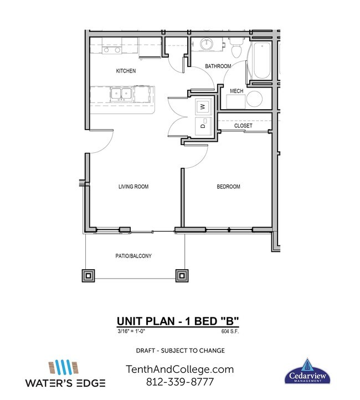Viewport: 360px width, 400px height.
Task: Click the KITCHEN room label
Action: [x=126, y=71]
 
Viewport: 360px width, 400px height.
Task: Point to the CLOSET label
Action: [x=243, y=126]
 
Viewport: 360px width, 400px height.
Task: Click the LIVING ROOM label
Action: [x=133, y=187]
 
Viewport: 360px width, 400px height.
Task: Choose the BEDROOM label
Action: [x=228, y=187]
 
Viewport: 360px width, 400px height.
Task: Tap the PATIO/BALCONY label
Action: [x=133, y=257]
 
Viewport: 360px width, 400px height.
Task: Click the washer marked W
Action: [x=202, y=106]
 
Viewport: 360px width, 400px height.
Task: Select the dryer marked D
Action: [x=202, y=126]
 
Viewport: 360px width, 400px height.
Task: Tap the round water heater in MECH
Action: [x=255, y=100]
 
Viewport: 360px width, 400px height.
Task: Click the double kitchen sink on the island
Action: [x=120, y=94]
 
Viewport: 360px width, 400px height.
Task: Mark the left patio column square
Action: [x=88, y=275]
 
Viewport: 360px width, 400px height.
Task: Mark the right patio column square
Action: [x=181, y=275]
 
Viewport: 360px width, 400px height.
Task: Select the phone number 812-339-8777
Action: [x=180, y=382]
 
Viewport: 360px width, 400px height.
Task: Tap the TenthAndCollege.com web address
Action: [x=180, y=369]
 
